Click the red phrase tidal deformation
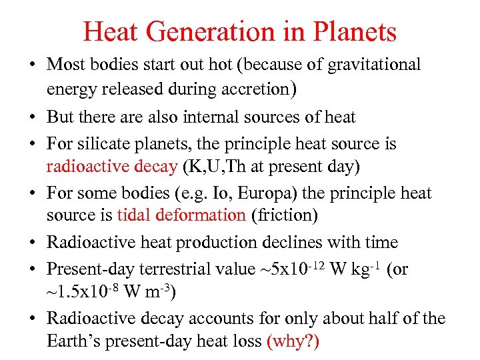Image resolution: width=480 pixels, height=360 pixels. point(181,215)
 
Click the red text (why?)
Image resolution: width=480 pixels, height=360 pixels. point(293,342)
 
